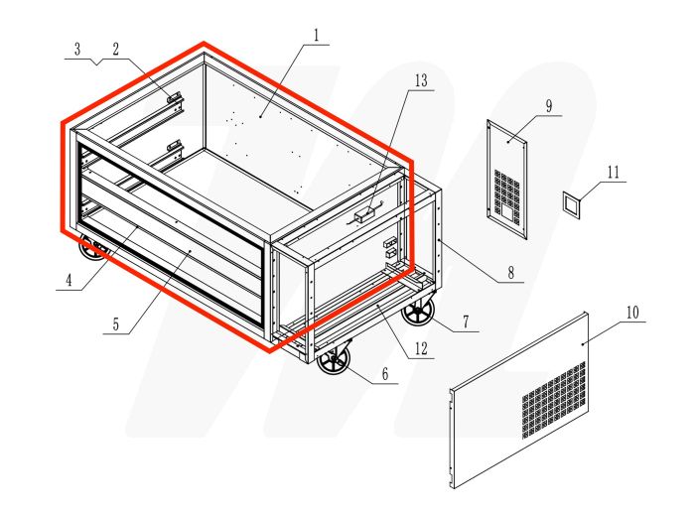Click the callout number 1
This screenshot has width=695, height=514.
click(x=316, y=37)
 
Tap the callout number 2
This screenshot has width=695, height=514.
click(x=115, y=48)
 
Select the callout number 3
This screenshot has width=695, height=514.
click(x=76, y=48)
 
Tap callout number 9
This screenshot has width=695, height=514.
click(x=547, y=104)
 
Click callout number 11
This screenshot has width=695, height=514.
click(x=613, y=172)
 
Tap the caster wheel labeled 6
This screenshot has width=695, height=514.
click(x=334, y=360)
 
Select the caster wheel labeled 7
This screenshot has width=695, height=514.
click(x=418, y=313)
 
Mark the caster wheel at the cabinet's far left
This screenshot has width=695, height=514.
click(x=92, y=249)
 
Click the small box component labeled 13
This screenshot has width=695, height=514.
click(x=364, y=212)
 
